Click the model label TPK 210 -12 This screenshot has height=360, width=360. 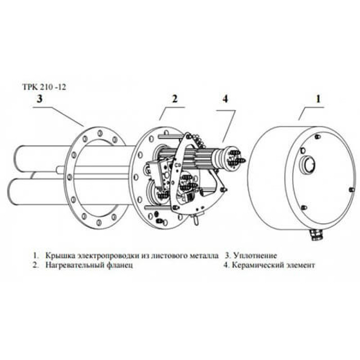(x=44, y=87)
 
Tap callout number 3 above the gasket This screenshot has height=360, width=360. (x=40, y=99)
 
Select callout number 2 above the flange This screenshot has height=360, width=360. (x=175, y=99)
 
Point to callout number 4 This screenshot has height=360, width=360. (x=225, y=99)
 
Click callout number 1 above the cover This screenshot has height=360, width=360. (x=318, y=99)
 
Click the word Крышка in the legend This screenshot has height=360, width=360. (x=60, y=256)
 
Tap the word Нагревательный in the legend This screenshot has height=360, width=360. (x=75, y=265)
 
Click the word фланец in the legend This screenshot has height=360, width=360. (x=120, y=265)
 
